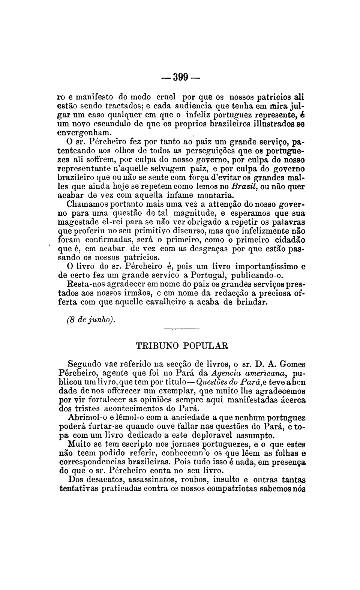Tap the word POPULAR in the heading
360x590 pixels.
pos(207,345)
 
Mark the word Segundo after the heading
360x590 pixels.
pos(85,364)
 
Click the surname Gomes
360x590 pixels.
pos(292,364)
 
